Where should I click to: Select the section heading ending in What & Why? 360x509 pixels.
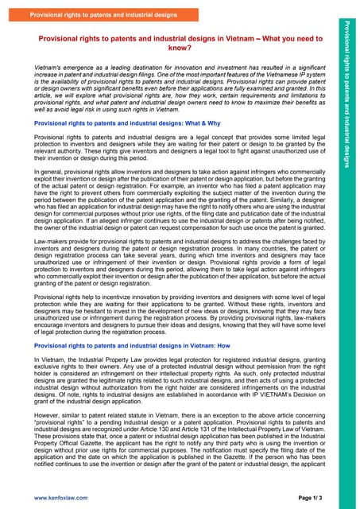(116, 125)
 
